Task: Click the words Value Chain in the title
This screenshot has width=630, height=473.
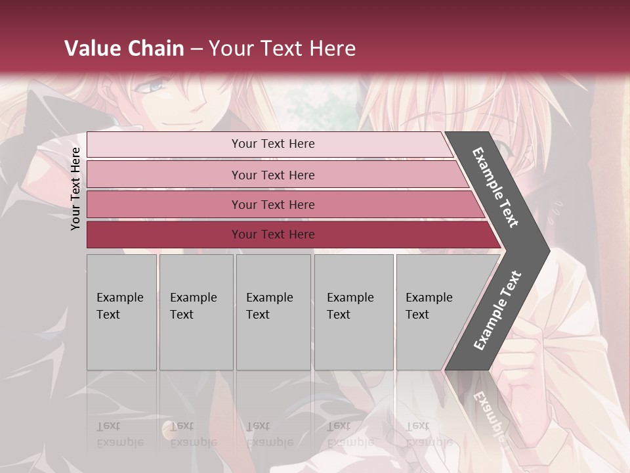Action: [124, 49]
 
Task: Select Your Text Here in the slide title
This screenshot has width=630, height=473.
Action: [282, 49]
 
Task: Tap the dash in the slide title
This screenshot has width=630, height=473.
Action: [196, 49]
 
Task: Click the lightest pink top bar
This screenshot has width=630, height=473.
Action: [269, 144]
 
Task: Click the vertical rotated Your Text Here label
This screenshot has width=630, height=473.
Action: [75, 189]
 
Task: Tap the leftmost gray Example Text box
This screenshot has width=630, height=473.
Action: [121, 311]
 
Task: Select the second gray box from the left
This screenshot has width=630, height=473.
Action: [196, 311]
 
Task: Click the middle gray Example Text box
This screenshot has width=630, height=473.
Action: [273, 311]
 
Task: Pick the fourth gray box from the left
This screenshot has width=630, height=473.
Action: [354, 311]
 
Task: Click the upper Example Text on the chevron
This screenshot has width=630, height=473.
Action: [495, 187]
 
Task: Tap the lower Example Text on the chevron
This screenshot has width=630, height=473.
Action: [497, 311]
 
